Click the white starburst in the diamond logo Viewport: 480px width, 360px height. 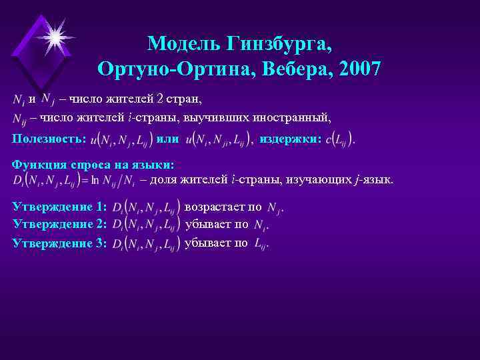[x=53, y=33]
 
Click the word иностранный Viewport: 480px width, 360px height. [x=295, y=118]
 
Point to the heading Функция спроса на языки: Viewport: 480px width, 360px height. [x=93, y=165]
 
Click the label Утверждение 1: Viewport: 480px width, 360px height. [x=60, y=208]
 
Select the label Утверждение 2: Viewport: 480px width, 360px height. [x=60, y=225]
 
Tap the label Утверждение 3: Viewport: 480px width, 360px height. [x=60, y=243]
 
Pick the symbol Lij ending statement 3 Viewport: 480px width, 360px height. [x=261, y=244]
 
